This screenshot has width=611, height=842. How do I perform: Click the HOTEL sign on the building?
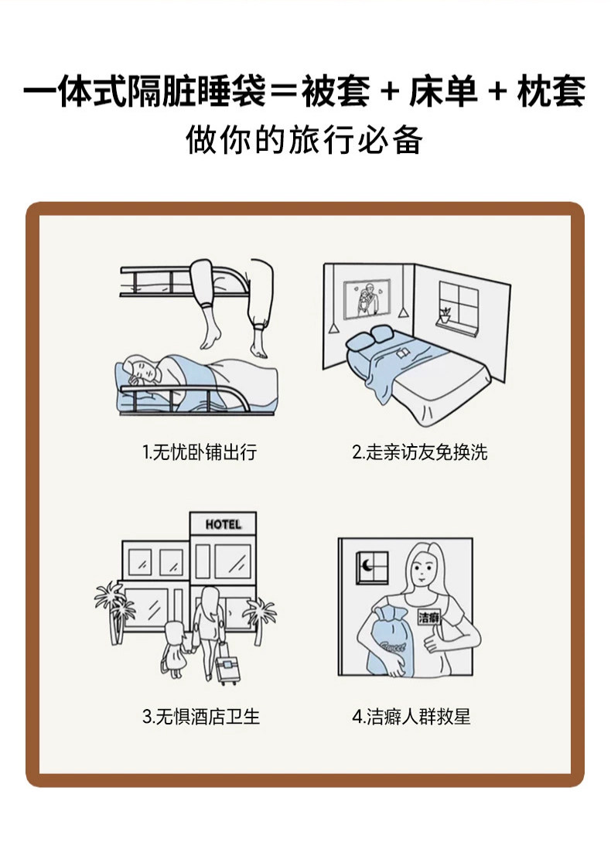tap(223, 524)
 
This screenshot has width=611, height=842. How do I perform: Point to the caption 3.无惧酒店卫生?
tap(201, 717)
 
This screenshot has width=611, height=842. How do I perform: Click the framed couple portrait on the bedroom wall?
tap(368, 298)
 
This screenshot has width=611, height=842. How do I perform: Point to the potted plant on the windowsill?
tap(445, 315)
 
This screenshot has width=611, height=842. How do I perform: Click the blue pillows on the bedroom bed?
tap(369, 338)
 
